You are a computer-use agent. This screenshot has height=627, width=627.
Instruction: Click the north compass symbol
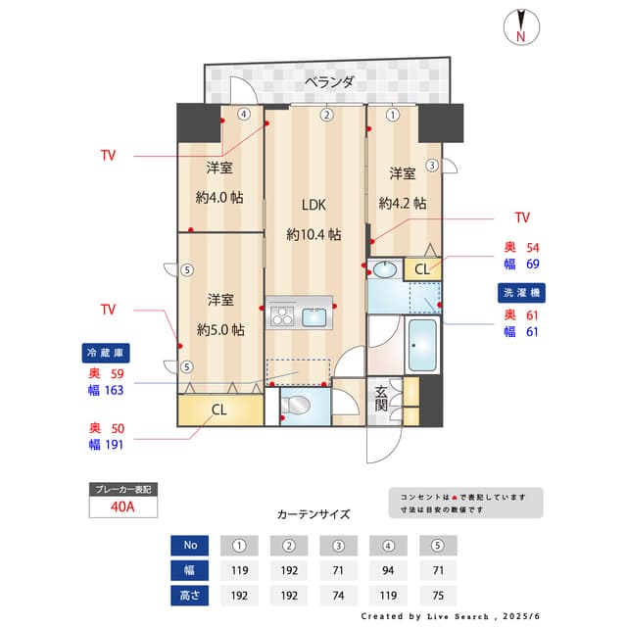point(520,27)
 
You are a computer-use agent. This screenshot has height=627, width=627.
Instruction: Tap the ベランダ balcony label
point(328,82)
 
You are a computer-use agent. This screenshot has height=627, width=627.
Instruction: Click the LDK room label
point(313,205)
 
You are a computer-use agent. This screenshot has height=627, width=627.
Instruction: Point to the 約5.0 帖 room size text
point(219,329)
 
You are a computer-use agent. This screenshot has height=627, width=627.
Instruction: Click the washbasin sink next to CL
point(384,269)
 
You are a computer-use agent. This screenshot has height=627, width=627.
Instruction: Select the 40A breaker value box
point(121,506)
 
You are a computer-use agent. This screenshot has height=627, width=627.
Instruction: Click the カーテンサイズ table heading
point(313,514)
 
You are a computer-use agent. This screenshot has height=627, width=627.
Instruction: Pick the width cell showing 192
point(289,570)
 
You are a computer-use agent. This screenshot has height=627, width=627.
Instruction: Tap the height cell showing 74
point(339,595)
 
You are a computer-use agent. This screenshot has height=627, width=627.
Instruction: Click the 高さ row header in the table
point(190,595)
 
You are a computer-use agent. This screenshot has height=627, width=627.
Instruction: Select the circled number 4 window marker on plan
point(243,114)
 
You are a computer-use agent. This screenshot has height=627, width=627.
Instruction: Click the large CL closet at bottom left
point(219,410)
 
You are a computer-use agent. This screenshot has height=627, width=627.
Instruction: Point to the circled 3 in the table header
point(339,546)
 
